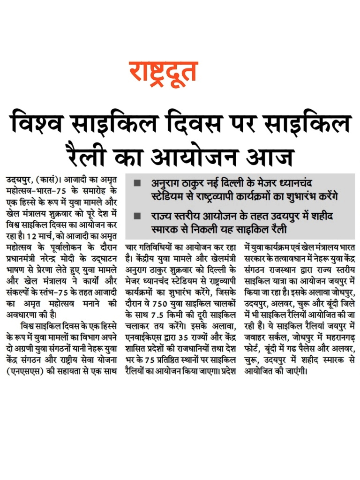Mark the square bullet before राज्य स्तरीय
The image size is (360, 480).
click(x=137, y=216)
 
